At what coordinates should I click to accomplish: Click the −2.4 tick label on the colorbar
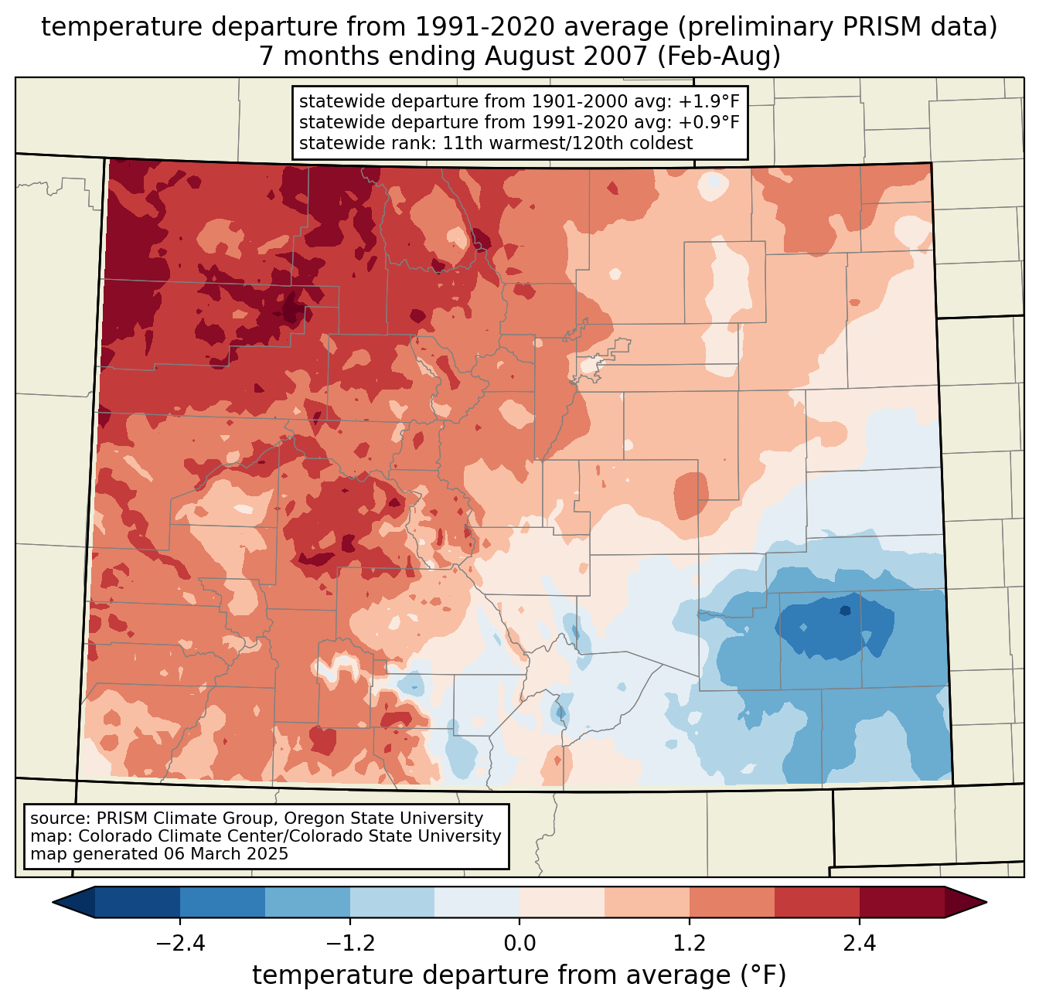(x=179, y=944)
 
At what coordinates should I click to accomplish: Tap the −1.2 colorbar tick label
(x=349, y=944)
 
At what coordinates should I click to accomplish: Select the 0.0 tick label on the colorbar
(x=519, y=944)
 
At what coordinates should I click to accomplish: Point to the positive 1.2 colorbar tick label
(x=690, y=944)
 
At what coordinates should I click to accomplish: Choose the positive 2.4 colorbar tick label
(x=860, y=944)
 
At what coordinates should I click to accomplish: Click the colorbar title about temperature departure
(x=519, y=975)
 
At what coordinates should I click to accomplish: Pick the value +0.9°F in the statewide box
(x=709, y=122)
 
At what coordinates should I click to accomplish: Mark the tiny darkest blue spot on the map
(x=845, y=611)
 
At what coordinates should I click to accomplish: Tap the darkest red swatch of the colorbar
(x=901, y=902)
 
